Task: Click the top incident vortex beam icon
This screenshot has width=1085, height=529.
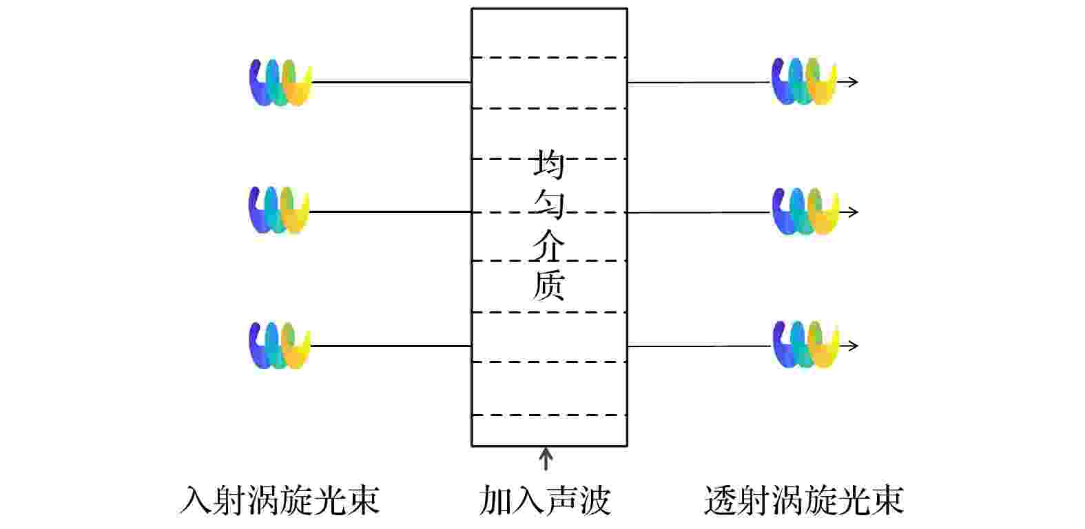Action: click(x=280, y=83)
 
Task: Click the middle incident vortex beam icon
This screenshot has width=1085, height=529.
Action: click(x=278, y=210)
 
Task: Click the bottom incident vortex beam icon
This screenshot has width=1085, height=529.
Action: click(x=279, y=345)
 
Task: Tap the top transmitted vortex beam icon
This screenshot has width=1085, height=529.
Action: click(x=804, y=81)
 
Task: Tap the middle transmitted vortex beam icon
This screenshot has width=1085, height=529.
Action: click(x=805, y=211)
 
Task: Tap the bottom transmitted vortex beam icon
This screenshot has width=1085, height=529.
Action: click(x=805, y=344)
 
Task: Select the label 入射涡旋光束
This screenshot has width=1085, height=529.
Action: click(x=280, y=500)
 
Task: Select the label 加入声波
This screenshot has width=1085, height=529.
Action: click(x=546, y=500)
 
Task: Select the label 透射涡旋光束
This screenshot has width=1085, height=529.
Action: click(x=804, y=500)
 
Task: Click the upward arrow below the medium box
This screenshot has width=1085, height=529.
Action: click(x=546, y=458)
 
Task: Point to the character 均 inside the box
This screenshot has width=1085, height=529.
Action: click(x=549, y=165)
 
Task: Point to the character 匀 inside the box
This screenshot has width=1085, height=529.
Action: click(x=549, y=204)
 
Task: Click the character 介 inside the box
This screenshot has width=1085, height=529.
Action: click(x=549, y=245)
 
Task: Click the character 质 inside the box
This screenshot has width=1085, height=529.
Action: click(x=549, y=285)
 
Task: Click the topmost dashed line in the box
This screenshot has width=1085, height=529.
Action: click(x=549, y=58)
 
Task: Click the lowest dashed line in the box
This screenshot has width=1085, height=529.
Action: click(x=549, y=415)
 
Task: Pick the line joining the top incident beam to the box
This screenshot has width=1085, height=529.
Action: click(x=391, y=83)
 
